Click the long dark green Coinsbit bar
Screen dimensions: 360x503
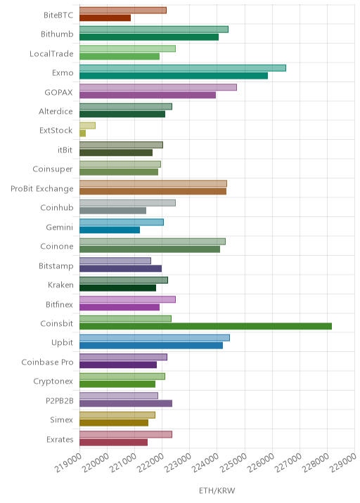[205, 326]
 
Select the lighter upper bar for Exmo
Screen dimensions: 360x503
[183, 68]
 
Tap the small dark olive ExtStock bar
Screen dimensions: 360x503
[82, 133]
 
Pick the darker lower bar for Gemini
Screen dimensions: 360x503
[110, 230]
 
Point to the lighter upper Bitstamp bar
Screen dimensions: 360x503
[115, 261]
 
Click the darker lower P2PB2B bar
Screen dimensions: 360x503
[126, 403]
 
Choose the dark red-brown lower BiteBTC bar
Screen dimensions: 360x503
[105, 18]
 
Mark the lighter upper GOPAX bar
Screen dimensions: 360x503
[158, 87]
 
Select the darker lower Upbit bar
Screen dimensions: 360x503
[151, 346]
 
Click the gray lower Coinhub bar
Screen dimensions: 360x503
[112, 211]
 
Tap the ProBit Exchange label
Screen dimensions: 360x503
[41, 188]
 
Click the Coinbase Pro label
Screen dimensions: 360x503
[47, 362]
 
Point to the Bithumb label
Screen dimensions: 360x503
[57, 34]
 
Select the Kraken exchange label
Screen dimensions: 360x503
[60, 285]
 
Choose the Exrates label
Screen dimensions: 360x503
[60, 439]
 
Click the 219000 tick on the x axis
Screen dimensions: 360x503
[68, 462]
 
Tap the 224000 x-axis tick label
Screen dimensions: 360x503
[205, 462]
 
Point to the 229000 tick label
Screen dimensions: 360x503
[343, 462]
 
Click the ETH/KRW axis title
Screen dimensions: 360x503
[217, 490]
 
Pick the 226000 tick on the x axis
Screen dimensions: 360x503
[260, 462]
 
